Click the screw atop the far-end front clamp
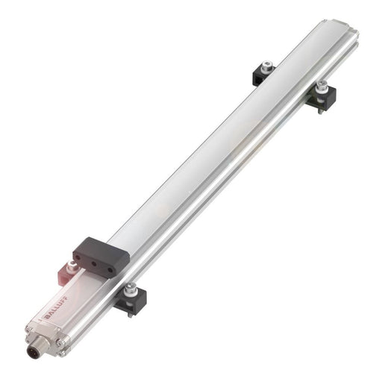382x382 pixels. (x=323, y=85)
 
